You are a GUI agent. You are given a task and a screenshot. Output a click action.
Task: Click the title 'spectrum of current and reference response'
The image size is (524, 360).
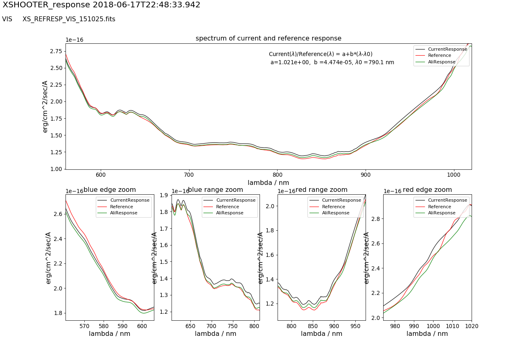pos(268,38)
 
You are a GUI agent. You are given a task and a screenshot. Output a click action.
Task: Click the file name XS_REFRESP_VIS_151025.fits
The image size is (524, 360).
pos(69,19)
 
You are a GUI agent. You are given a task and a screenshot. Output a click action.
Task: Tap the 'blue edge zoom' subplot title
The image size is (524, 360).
pos(110,190)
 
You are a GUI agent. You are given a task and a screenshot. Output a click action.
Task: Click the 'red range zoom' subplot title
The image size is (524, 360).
pos(321,190)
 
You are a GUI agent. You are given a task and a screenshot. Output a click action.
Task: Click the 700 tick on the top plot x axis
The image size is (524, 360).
pos(189,174)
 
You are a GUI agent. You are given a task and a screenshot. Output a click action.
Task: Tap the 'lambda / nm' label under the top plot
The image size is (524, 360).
pos(268,182)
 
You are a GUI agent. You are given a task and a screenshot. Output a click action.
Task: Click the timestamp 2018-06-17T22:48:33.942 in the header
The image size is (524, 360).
pos(147,5)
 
